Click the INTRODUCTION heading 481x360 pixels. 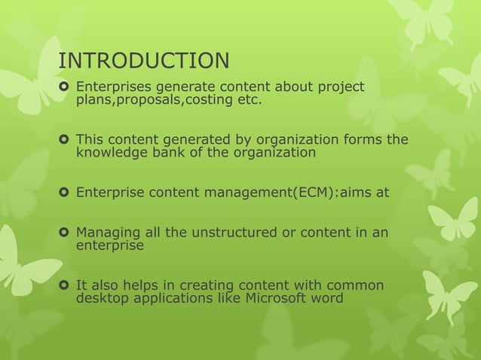click(x=144, y=60)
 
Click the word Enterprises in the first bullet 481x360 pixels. click(x=113, y=87)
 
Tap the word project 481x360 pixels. click(x=339, y=87)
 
